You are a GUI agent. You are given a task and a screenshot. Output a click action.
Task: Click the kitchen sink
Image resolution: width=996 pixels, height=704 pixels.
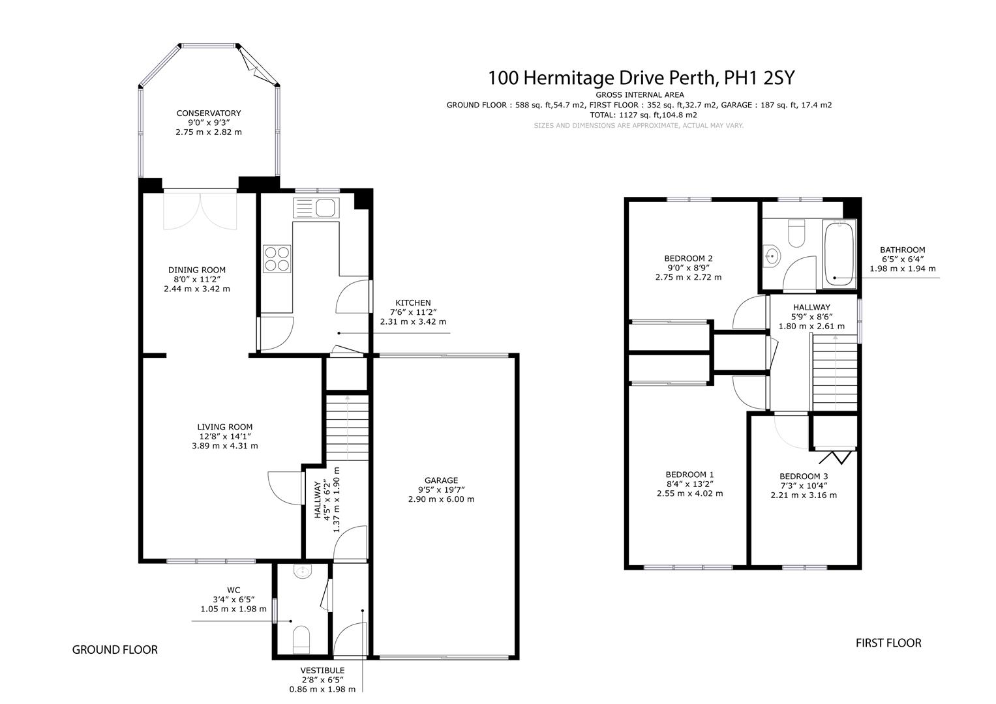[316, 208]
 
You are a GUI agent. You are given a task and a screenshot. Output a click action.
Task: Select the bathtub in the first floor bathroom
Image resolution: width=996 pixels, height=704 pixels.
[838, 254]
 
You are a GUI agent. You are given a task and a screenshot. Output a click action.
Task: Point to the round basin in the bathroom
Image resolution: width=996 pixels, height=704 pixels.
[772, 256]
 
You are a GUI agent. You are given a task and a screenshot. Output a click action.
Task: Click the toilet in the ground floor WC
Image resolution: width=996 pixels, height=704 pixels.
[301, 638]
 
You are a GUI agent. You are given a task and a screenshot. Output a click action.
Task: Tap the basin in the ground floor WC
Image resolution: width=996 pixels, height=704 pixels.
[303, 572]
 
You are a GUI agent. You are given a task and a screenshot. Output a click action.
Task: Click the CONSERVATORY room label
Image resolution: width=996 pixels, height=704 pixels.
[208, 113]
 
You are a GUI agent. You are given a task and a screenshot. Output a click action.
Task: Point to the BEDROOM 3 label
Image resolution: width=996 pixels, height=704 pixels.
[803, 476]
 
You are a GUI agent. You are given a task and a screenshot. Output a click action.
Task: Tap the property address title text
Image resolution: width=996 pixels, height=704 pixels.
[642, 78]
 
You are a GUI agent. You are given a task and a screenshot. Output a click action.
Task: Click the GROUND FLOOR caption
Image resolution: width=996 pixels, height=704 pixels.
[115, 649]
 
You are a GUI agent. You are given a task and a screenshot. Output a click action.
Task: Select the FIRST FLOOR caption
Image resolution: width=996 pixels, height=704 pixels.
[888, 643]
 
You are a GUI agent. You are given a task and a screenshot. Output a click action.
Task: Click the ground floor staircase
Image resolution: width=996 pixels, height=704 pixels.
[347, 427]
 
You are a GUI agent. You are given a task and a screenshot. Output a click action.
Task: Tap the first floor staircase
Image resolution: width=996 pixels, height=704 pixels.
[834, 372]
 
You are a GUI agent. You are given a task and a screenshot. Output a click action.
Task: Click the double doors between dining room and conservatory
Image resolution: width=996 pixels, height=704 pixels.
[201, 210]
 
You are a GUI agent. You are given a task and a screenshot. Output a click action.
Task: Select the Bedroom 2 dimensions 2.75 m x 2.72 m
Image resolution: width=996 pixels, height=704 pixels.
[688, 277]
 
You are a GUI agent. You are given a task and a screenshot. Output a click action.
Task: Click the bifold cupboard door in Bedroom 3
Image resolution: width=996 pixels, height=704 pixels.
[835, 457]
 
